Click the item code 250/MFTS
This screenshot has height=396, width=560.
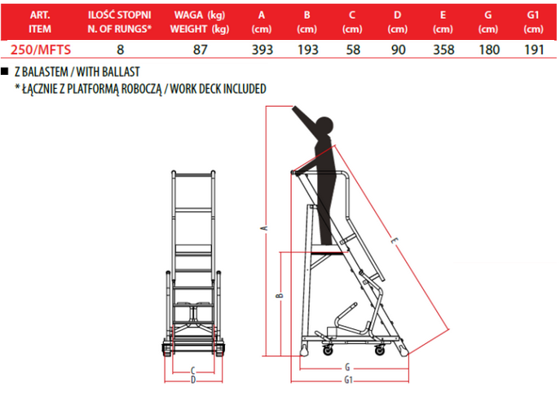click(41, 50)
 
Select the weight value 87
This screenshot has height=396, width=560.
click(200, 50)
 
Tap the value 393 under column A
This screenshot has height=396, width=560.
click(262, 50)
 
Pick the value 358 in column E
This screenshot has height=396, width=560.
click(443, 50)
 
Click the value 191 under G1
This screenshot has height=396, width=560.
click(534, 50)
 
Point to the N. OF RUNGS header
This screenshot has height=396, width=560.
click(120, 29)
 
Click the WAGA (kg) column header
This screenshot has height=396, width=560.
click(200, 15)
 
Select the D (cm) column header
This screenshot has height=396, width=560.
click(398, 22)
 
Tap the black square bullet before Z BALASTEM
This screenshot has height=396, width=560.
click(5, 72)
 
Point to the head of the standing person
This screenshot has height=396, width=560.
click(324, 126)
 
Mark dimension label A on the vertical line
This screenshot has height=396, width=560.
click(266, 228)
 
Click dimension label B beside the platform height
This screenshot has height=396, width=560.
click(280, 295)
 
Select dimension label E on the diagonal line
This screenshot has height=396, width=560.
click(394, 241)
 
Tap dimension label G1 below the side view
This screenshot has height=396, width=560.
click(349, 381)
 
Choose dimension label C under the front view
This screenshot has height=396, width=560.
click(193, 371)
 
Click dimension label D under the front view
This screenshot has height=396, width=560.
click(193, 380)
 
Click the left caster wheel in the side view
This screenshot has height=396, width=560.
click(328, 350)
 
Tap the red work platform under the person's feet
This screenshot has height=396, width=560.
click(328, 253)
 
